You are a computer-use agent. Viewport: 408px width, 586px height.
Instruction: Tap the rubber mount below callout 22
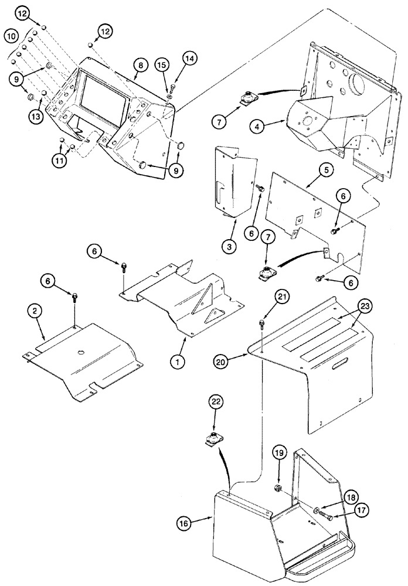pos(213,439)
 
